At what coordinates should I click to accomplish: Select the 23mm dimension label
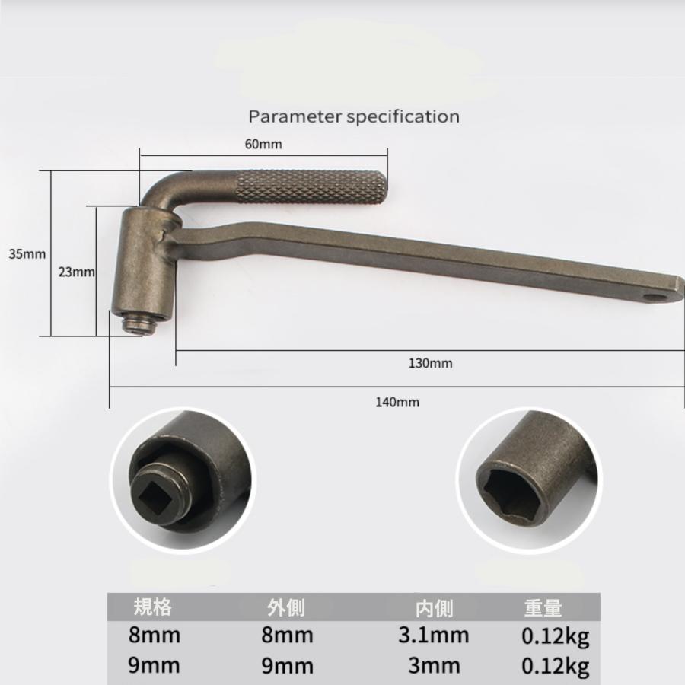pos(76,271)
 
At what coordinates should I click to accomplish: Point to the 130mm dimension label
pos(429,363)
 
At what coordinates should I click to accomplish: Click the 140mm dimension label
pos(397,402)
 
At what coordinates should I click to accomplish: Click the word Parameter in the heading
pos(295,117)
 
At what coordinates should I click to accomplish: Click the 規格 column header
pos(152,607)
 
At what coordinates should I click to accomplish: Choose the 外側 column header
pos(286,607)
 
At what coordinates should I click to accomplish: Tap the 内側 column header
pos(434,607)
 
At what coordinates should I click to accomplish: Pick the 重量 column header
pos(543,607)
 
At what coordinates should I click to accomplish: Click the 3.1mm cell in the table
pos(434,636)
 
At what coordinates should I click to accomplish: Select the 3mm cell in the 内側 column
pos(434,665)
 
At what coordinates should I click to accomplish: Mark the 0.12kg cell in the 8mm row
pos(555,636)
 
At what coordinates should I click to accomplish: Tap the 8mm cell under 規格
pos(155,636)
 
